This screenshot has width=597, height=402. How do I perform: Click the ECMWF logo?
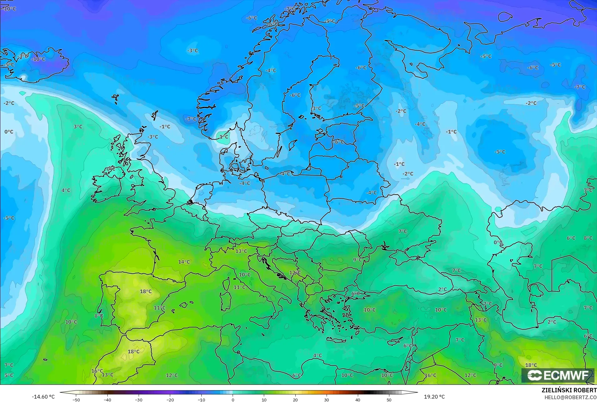[x=558, y=375]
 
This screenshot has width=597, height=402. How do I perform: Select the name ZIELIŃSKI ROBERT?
[x=569, y=390]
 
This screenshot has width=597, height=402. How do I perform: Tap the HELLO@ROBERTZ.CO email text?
[x=570, y=397]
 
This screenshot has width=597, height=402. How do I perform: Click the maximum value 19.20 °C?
[x=434, y=397]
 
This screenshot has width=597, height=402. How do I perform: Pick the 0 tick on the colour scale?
[x=233, y=400]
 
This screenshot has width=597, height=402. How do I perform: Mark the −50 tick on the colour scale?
[x=76, y=400]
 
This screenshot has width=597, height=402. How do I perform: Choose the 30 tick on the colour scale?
[x=327, y=400]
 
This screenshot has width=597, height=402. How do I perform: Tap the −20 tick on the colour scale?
[x=170, y=400]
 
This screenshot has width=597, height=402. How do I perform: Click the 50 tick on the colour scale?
[x=389, y=400]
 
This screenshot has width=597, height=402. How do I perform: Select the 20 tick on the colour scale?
[x=295, y=400]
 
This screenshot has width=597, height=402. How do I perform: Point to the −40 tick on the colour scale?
[x=107, y=400]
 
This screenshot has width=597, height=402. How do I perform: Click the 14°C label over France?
[x=184, y=262]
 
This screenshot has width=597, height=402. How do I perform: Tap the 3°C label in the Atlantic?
[x=78, y=127]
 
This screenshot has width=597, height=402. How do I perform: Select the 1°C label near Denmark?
[x=224, y=137]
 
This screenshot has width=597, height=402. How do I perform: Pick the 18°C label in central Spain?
[x=146, y=291]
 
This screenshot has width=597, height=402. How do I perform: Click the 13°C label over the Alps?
[x=241, y=251]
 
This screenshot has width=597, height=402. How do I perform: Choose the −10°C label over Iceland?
[x=39, y=59]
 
